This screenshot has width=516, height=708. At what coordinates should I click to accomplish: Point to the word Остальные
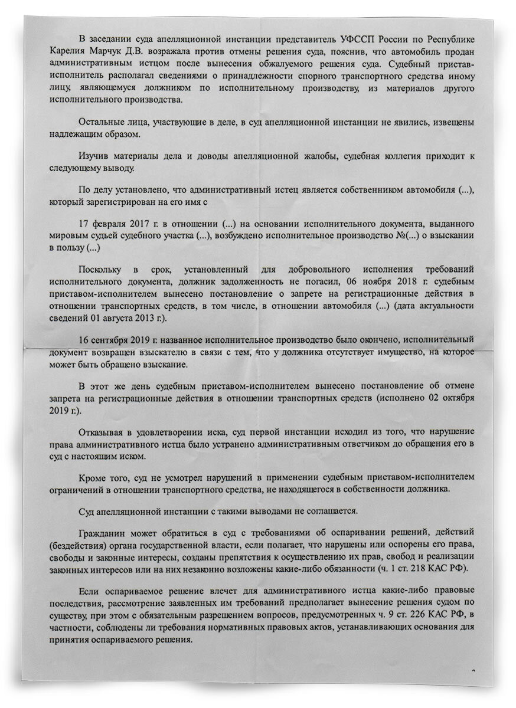click(101, 122)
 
